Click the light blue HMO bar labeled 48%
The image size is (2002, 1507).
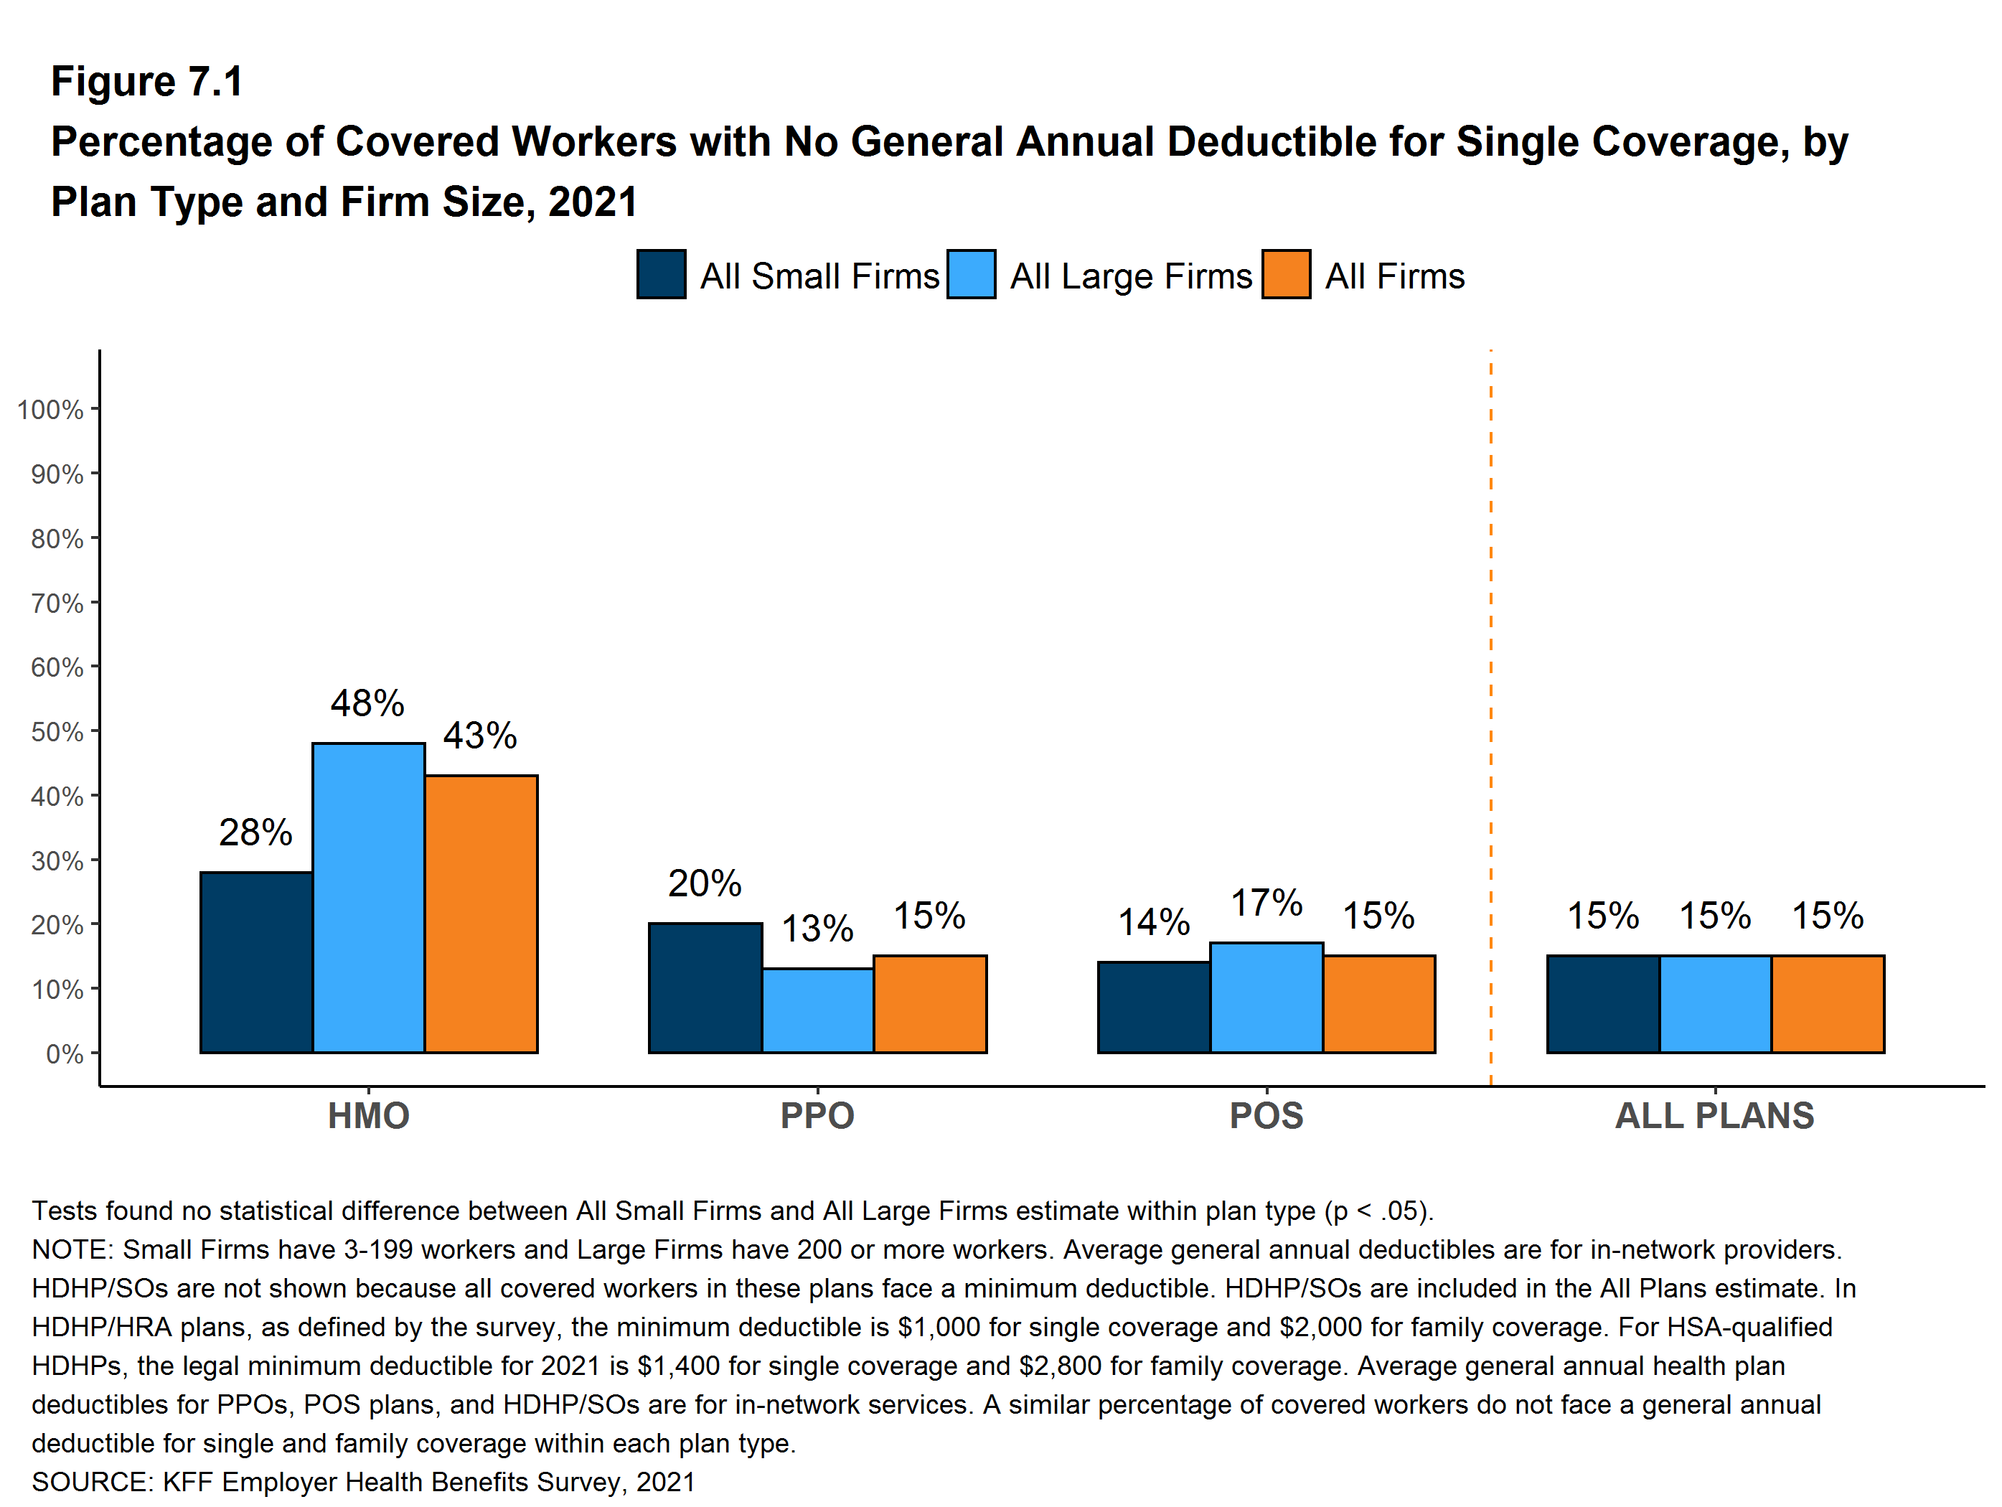coord(368,897)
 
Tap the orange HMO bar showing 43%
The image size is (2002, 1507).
coord(481,914)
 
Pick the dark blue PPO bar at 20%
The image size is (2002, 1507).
coord(705,987)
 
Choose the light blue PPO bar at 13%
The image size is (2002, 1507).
coord(817,1010)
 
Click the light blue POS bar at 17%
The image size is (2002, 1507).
coord(1266,997)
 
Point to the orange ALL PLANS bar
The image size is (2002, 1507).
coord(1828,1004)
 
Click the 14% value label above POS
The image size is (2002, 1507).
coord(1153,922)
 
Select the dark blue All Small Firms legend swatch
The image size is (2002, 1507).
coord(661,274)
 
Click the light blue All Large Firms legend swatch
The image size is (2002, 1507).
coord(971,274)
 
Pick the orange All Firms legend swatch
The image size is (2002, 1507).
coord(1285,274)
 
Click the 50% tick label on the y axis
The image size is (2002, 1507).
coord(57,731)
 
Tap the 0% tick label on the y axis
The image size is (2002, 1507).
coord(65,1053)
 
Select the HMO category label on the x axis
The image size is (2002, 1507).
coord(368,1115)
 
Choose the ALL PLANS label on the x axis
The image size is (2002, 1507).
coord(1714,1115)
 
